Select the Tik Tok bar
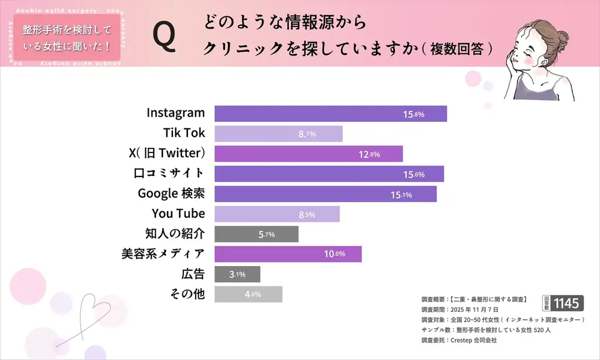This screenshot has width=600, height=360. coord(278,134)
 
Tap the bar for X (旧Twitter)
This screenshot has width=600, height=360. coord(308,154)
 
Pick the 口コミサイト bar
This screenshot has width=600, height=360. coord(329,174)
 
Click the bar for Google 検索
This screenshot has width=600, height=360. coord(325,194)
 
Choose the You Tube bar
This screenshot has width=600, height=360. coord(277,214)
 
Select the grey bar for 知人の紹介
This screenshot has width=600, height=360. coord(256,234)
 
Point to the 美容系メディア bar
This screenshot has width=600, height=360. coord(288,254)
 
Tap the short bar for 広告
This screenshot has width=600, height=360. coord(237,274)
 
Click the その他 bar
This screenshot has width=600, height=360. coord(248,294)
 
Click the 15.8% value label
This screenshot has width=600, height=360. coord(413,114)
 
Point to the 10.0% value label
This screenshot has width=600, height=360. coord(335,254)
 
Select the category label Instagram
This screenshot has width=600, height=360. coord(176,113)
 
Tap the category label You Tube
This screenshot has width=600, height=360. coord(178,213)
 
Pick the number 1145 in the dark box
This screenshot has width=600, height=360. coord(567,303)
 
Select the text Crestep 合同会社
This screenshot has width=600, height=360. coord(476,339)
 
